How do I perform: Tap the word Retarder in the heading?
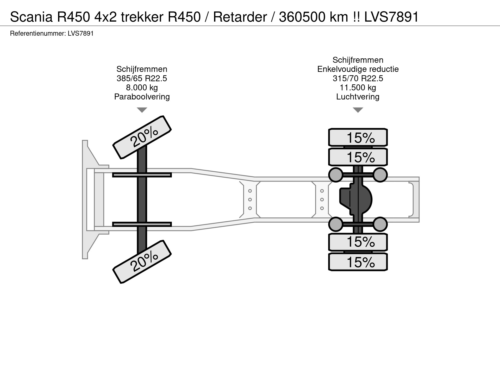(x=240, y=17)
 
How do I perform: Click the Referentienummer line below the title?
(x=52, y=34)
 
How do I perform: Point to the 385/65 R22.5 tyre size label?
(x=142, y=78)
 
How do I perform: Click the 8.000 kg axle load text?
(x=142, y=87)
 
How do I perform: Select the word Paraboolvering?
(x=142, y=97)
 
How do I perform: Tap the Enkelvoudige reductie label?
(x=358, y=69)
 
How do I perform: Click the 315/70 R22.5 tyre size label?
(x=358, y=78)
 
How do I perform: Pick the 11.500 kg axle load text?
(x=358, y=87)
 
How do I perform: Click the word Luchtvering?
(x=358, y=97)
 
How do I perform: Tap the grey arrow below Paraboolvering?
(x=142, y=110)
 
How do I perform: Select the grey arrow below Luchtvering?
(x=358, y=110)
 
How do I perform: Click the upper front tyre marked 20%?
(x=142, y=137)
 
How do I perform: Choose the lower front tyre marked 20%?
(x=142, y=261)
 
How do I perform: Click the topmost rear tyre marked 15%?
(x=358, y=137)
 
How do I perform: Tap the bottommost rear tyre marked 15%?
(x=358, y=262)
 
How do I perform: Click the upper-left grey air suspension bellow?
(x=336, y=175)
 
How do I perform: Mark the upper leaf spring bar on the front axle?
(x=142, y=175)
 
